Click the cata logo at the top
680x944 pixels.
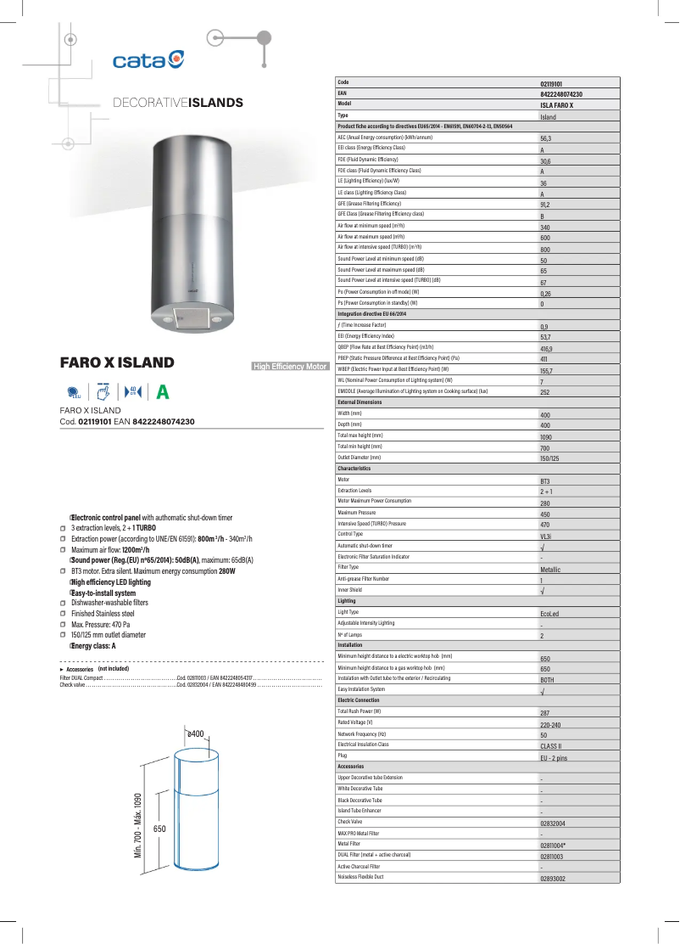coord(148,59)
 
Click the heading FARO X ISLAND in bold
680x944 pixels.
coord(117,363)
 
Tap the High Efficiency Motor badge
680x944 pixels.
coord(291,367)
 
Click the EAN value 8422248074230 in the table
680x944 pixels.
coord(561,95)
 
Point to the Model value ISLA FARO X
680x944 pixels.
coord(556,105)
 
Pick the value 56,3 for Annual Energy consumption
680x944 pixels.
coord(546,138)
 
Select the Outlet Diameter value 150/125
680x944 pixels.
coord(549,458)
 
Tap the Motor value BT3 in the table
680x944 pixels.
coord(545,481)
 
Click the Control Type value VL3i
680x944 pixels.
coord(547,537)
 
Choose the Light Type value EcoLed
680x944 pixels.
coord(549,614)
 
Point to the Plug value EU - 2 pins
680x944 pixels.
coord(553,757)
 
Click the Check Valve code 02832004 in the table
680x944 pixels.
coord(553,823)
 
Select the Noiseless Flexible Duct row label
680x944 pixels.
coord(360,876)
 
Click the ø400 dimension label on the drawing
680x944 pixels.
coord(196,733)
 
